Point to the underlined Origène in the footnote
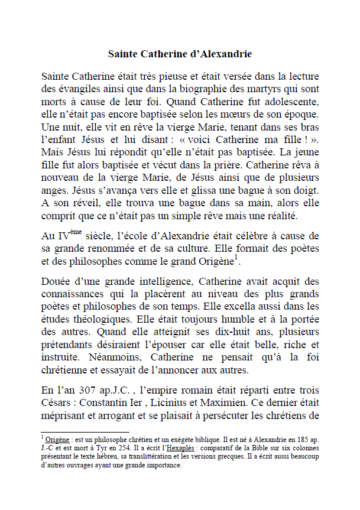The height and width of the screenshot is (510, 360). tap(60, 440)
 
